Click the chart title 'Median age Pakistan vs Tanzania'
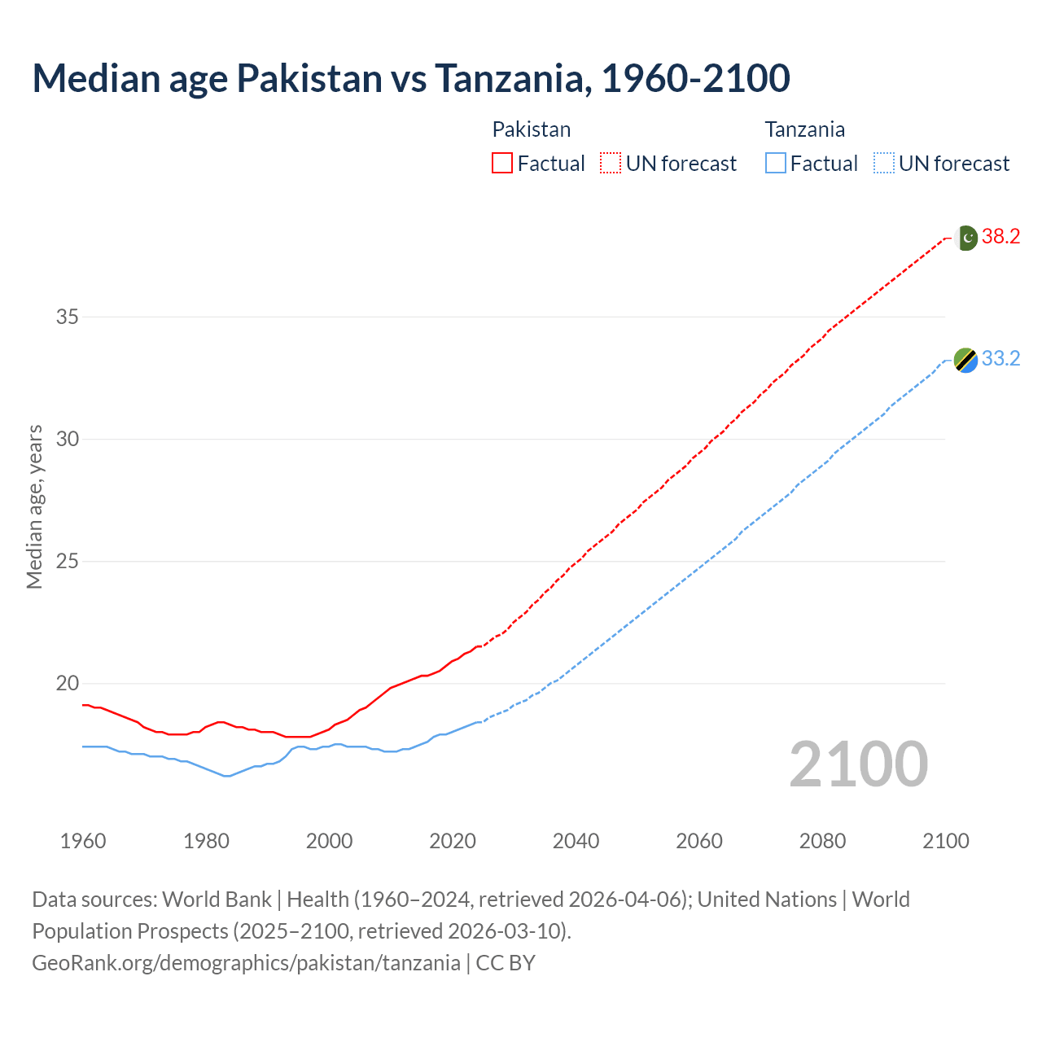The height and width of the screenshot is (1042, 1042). [410, 79]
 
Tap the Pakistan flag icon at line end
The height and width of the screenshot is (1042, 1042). [966, 238]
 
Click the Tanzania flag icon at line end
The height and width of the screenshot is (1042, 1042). [965, 360]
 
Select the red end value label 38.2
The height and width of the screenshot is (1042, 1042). [1000, 237]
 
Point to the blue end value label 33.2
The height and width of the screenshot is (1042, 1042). [1000, 359]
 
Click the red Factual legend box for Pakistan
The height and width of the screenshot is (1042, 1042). [502, 164]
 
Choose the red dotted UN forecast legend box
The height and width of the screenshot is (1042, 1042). [611, 164]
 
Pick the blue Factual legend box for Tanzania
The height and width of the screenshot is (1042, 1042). [776, 164]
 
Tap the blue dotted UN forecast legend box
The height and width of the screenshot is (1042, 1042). [883, 164]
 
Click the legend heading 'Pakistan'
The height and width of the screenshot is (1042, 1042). [531, 129]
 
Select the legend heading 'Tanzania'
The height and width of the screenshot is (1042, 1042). [804, 129]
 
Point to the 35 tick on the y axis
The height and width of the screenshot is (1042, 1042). [67, 317]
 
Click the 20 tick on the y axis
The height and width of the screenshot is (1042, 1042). [67, 684]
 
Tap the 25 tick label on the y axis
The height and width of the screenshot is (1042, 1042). [67, 562]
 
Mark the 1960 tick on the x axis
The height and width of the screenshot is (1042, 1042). [83, 841]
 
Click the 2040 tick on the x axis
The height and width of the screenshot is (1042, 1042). [576, 841]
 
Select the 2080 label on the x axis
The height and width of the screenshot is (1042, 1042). [822, 841]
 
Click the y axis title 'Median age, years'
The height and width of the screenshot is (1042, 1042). [34, 506]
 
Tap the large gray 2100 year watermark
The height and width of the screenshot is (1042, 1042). [858, 764]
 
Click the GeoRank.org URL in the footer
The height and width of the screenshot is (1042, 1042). [246, 963]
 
